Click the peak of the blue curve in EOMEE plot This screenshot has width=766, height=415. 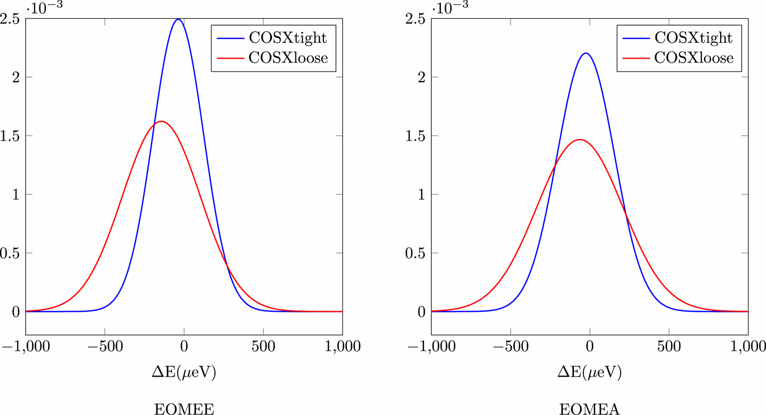(x=178, y=19)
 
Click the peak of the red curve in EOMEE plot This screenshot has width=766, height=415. (x=160, y=121)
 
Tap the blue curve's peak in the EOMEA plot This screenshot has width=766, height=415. (x=586, y=53)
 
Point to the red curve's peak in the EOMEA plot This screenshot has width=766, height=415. (x=579, y=139)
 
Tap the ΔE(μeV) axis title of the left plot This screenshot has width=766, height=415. (x=184, y=373)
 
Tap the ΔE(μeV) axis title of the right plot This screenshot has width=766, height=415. (x=589, y=373)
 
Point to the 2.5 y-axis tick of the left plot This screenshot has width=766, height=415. (x=11, y=19)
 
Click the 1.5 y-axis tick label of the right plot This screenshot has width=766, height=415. (x=416, y=136)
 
